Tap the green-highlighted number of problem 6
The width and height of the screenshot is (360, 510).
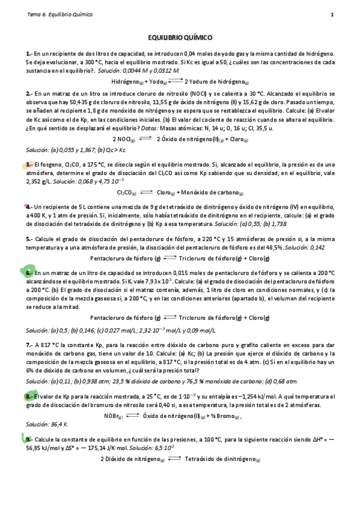tap(29, 272)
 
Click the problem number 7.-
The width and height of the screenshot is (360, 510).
tap(29, 345)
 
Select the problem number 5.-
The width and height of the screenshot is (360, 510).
tap(29, 238)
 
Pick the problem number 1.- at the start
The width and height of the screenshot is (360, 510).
tap(29, 53)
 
